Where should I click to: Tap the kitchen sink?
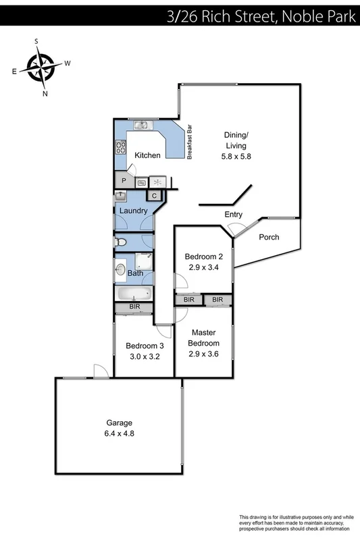pos(141,124)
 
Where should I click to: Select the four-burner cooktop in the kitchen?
pos(120,146)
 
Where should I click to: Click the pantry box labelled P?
pos(124,181)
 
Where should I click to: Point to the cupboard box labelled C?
pos(154,196)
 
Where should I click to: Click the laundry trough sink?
pos(120,196)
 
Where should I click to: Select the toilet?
pos(120,242)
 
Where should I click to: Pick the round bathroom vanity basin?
pos(120,272)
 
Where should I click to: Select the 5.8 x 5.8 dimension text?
pos(236,156)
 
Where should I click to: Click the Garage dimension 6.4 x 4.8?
pos(119,434)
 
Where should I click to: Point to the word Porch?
pos(269,238)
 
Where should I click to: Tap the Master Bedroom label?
pos(203,337)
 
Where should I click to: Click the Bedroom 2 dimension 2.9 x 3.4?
pos(203,267)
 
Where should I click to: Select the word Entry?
pos(233,215)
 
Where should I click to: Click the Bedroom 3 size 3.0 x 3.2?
pos(143,357)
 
